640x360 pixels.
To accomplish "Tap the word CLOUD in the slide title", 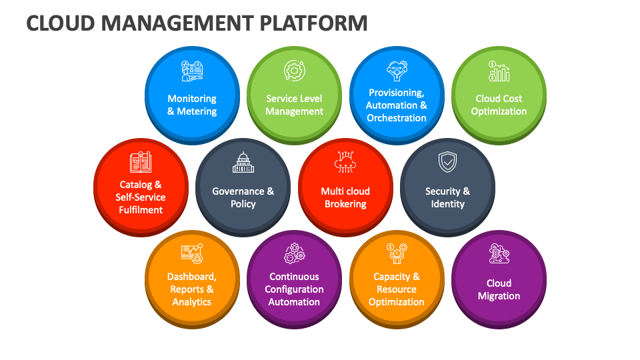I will (x=57, y=23).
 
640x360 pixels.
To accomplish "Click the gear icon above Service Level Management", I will (x=294, y=70).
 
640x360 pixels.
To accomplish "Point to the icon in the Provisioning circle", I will (x=397, y=69).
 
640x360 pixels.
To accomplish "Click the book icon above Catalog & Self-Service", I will (x=141, y=162).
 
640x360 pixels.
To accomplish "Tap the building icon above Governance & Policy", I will (x=243, y=163).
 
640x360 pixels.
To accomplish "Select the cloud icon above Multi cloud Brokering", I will (x=345, y=162).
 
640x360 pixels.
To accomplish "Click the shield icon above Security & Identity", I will (x=447, y=162).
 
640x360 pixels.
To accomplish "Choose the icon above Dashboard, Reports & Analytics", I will (x=192, y=253).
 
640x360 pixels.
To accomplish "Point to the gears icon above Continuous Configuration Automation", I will (x=294, y=254).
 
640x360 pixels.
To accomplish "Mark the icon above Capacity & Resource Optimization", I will (x=397, y=253).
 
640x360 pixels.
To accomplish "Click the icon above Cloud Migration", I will (x=499, y=254).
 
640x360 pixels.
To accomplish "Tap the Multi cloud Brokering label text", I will (x=345, y=197).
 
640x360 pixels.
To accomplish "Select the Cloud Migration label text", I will (x=499, y=289).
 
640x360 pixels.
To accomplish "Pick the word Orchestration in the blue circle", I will (x=397, y=118).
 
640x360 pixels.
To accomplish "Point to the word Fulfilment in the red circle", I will (x=141, y=210).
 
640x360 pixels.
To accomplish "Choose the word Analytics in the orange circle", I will (x=192, y=302).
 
